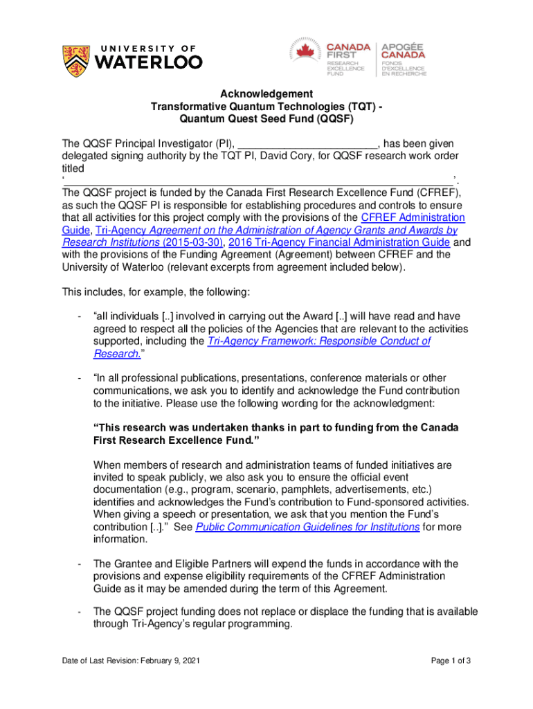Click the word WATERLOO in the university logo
pyautogui.click(x=147, y=62)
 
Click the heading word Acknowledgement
pyautogui.click(x=266, y=93)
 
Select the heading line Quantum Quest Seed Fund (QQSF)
pyautogui.click(x=266, y=118)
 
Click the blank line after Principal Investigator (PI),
pyautogui.click(x=307, y=143)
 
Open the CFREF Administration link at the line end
pyautogui.click(x=413, y=217)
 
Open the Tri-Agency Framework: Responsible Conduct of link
pyautogui.click(x=318, y=341)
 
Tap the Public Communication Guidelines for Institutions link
pyautogui.click(x=307, y=527)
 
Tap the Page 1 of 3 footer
pyautogui.click(x=451, y=661)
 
